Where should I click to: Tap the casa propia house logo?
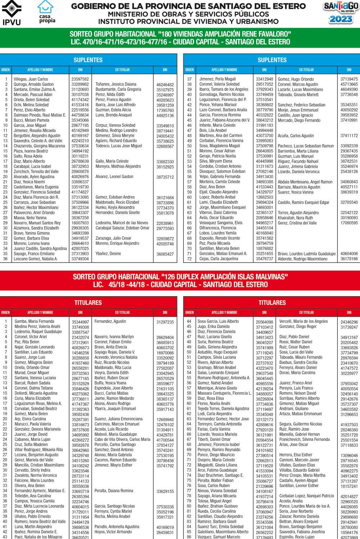[47, 12]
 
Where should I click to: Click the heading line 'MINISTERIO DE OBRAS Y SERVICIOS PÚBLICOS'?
[189, 14]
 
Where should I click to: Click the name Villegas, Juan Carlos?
[31, 79]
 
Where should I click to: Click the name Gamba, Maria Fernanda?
[34, 321]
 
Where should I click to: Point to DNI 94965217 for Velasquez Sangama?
[264, 223]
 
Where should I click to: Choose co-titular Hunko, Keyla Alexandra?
[115, 208]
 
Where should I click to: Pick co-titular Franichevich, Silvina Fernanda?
[305, 440]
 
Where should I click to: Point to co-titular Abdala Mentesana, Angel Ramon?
[305, 182]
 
